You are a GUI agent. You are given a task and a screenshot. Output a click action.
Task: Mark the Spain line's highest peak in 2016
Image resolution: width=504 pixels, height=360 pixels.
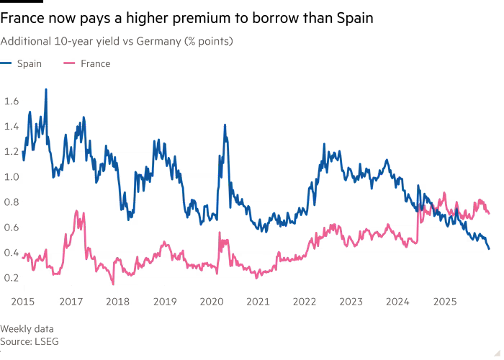(46, 89)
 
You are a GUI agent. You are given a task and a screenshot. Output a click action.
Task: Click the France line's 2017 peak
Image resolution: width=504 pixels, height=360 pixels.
(77, 211)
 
